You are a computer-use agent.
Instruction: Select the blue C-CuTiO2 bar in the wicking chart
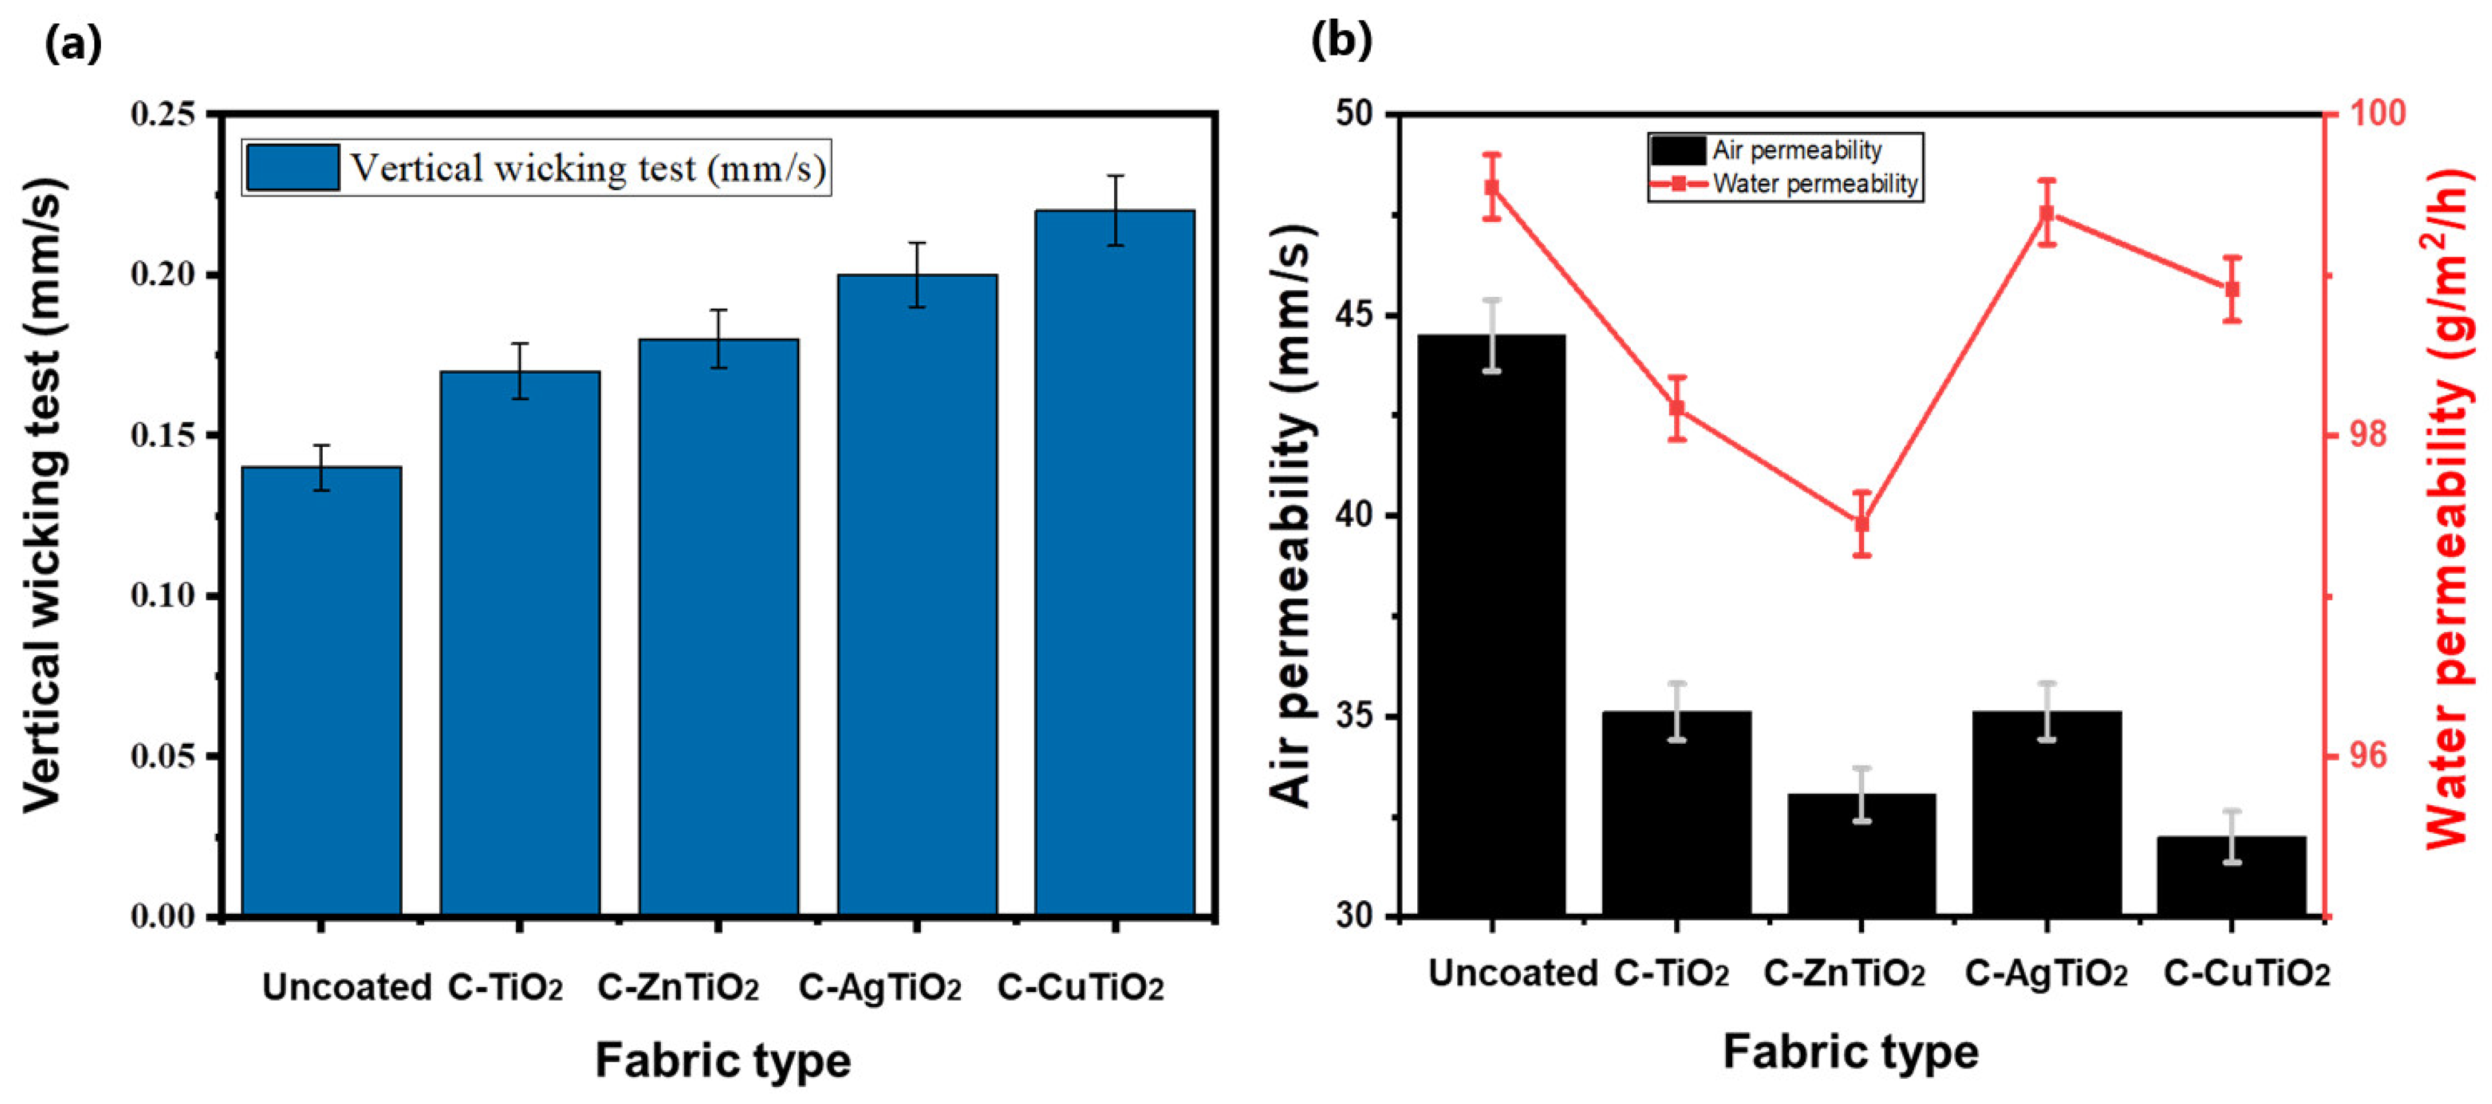click(x=1115, y=562)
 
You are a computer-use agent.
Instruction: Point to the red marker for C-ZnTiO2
click(x=1862, y=523)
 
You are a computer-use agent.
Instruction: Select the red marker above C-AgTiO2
click(x=2046, y=213)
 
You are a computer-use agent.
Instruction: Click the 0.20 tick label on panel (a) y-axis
click(x=162, y=275)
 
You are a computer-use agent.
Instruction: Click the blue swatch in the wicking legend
click(x=292, y=168)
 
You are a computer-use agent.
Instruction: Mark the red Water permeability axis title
click(x=2447, y=508)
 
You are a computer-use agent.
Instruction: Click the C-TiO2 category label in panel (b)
click(x=1671, y=973)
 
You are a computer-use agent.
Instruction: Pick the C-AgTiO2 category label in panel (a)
click(x=879, y=987)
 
